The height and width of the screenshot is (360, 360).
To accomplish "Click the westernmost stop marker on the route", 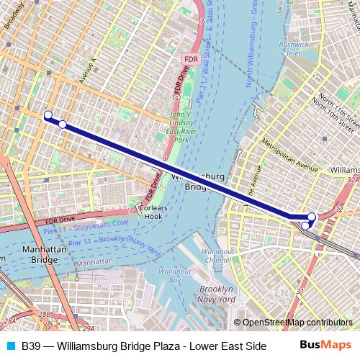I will tap(48, 115).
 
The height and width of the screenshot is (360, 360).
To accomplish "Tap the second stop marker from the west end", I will tap(63, 125).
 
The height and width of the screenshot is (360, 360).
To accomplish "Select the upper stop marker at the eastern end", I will tap(312, 216).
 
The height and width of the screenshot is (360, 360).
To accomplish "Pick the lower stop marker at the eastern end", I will tap(305, 225).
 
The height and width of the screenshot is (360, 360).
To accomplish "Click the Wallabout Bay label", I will tap(175, 276).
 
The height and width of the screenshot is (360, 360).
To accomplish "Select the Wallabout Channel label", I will tap(217, 256).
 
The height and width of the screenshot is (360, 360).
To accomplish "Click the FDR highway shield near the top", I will tap(191, 58).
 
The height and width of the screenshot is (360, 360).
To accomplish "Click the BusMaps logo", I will tap(330, 346).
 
